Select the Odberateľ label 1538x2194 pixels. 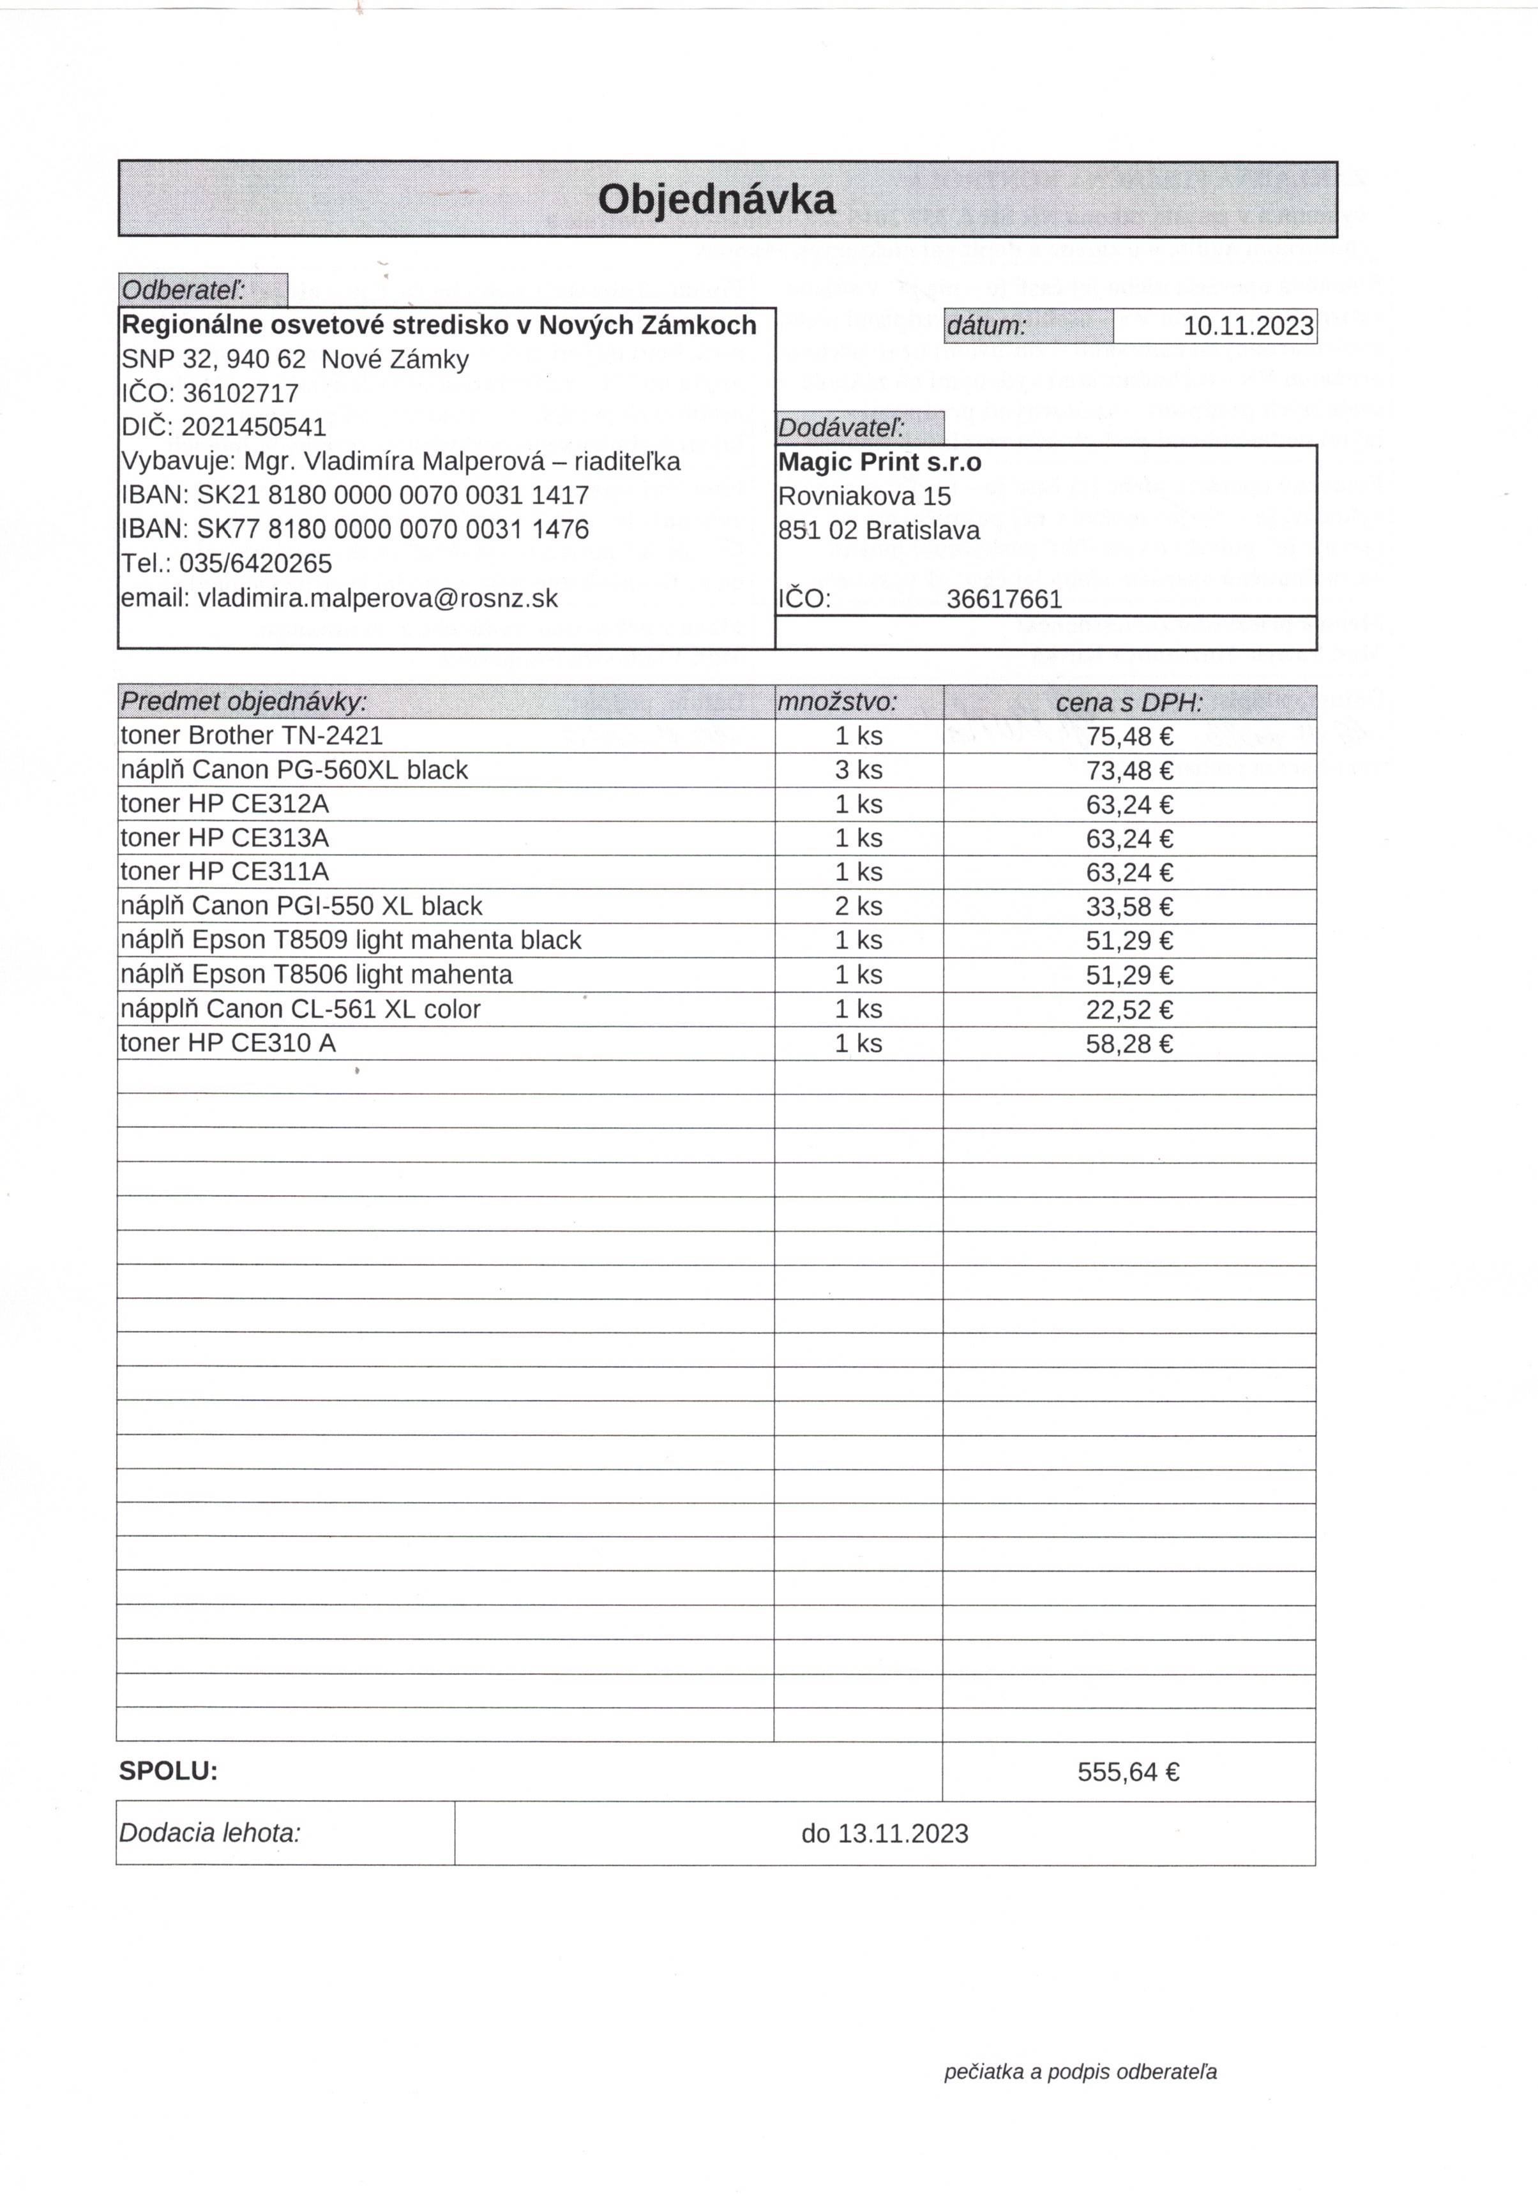183,290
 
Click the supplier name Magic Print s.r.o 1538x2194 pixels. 879,463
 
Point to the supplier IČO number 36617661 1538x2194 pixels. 1004,599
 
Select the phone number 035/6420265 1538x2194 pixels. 255,563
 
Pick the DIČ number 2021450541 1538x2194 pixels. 253,426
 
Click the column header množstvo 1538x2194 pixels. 838,702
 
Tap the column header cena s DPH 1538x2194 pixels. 1129,703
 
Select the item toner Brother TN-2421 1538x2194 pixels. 252,736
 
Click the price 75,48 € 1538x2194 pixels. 1129,737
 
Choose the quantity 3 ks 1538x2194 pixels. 858,770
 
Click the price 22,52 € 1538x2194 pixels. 1129,1010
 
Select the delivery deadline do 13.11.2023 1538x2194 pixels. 884,1834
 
